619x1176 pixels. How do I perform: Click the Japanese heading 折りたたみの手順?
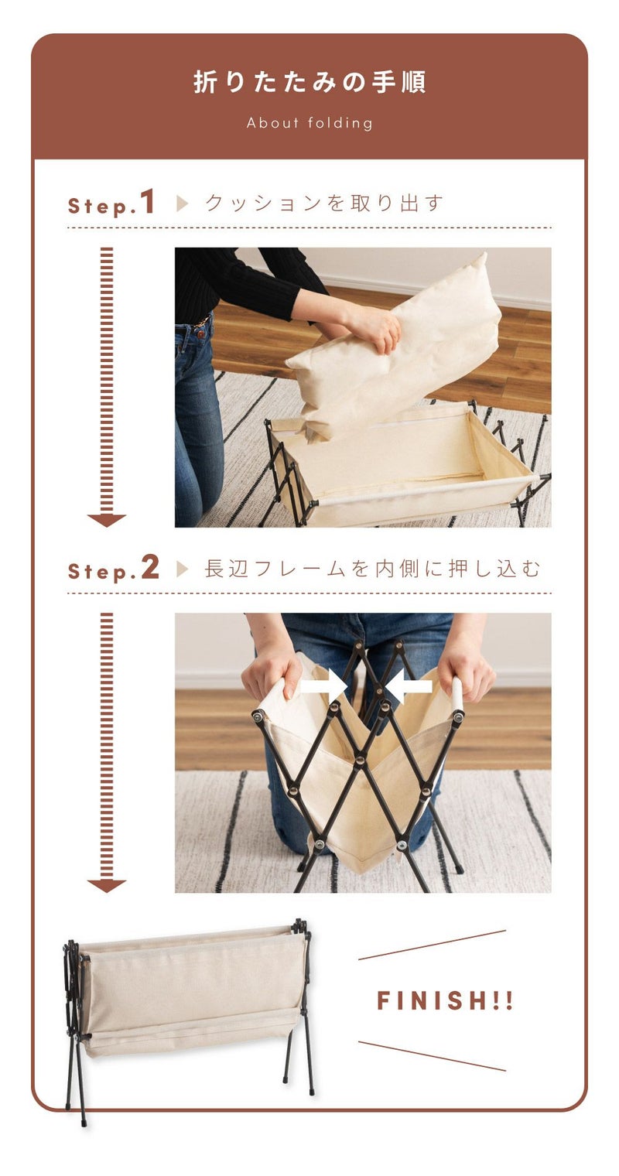click(309, 83)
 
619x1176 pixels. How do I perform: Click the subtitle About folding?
click(309, 123)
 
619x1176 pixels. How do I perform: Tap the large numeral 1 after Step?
click(148, 202)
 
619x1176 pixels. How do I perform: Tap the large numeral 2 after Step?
click(149, 568)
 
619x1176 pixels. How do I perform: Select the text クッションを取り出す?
click(324, 203)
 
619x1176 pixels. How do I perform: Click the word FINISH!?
click(445, 1000)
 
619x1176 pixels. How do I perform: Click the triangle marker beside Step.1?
click(182, 203)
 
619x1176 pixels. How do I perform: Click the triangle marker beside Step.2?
click(182, 569)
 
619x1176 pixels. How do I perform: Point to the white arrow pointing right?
click(323, 685)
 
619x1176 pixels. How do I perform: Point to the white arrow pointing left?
click(408, 685)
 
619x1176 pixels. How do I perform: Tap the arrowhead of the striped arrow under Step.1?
click(107, 520)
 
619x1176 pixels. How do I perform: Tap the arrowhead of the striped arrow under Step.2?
click(107, 886)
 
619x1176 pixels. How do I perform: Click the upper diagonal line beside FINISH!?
click(432, 945)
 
